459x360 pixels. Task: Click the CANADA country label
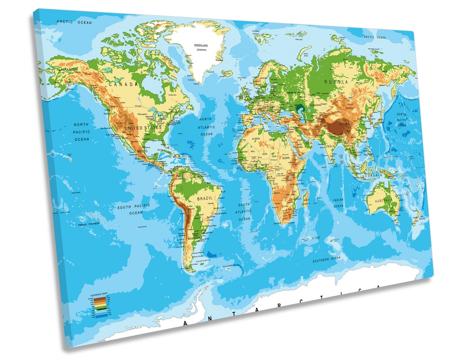point(123,84)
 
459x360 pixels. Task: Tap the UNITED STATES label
point(143,128)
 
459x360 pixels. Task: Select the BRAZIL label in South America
point(205,198)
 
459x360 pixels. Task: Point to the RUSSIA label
point(336,82)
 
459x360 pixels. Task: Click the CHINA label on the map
point(345,124)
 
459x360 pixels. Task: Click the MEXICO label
point(142,151)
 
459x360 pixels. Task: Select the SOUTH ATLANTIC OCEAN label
point(244,212)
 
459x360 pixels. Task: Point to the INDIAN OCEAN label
point(338,203)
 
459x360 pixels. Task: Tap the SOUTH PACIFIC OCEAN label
point(134,209)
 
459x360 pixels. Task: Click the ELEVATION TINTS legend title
point(98,295)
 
